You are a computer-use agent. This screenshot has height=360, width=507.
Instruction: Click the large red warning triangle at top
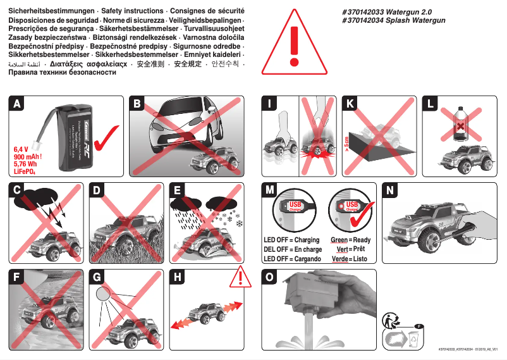tap(292, 43)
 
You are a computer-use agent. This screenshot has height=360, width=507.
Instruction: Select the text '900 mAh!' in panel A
tap(28, 156)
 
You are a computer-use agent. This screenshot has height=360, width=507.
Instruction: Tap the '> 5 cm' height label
tap(347, 146)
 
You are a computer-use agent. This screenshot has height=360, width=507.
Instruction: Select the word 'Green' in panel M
tap(339, 240)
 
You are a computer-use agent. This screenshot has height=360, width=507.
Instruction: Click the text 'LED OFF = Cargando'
tap(292, 259)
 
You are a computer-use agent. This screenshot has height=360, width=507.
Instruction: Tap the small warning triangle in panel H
tap(240, 276)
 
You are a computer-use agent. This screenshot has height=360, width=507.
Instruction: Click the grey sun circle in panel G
tap(102, 293)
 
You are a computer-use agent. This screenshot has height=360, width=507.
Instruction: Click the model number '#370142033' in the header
tap(360, 12)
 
